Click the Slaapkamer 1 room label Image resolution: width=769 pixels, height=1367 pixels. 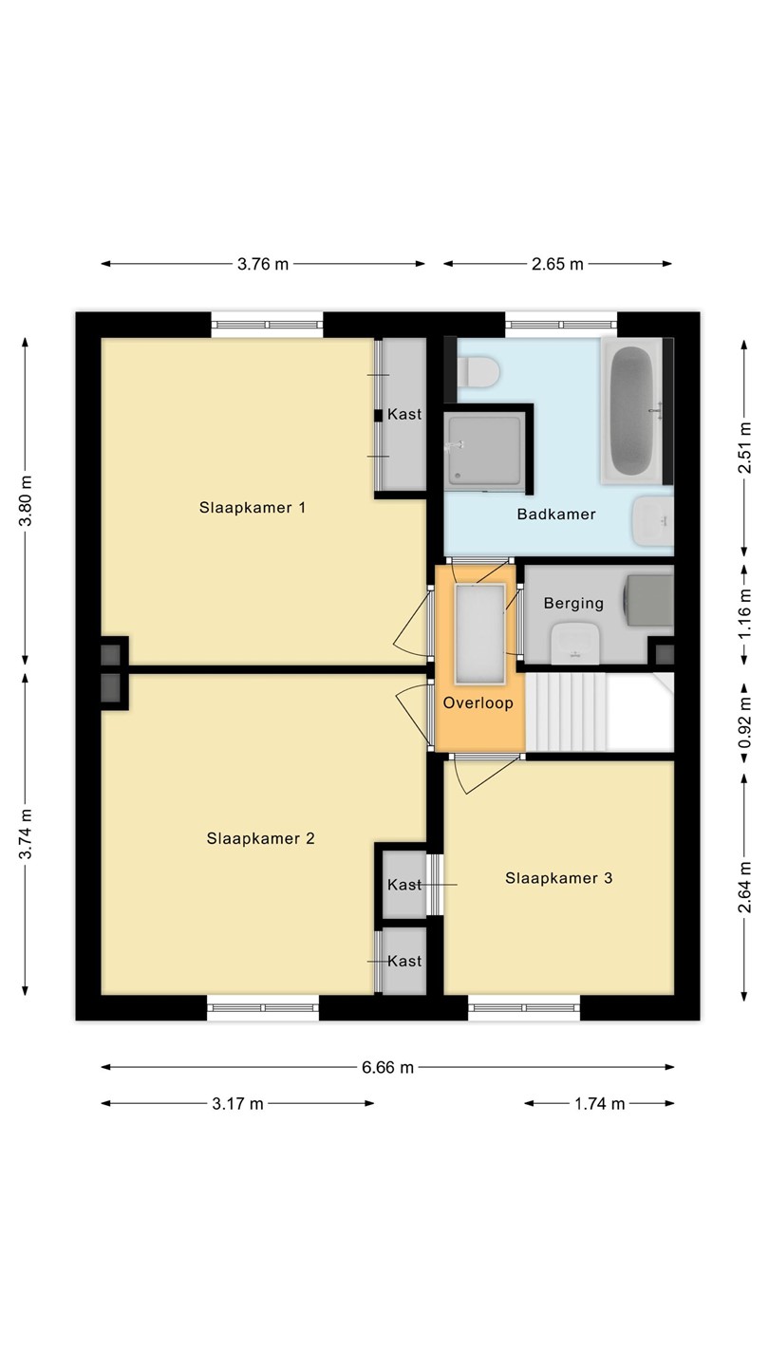click(x=253, y=508)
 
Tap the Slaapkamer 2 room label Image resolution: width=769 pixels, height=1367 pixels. click(x=260, y=838)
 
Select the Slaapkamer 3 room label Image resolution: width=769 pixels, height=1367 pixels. click(x=558, y=878)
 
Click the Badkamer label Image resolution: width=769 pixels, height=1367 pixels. click(x=556, y=514)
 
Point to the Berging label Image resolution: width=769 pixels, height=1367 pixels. click(x=573, y=604)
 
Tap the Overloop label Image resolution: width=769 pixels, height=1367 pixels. click(x=478, y=703)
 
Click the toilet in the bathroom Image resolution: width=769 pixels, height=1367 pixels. click(x=478, y=372)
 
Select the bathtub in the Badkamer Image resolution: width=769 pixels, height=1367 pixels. click(x=632, y=411)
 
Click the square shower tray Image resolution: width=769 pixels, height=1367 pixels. click(x=484, y=451)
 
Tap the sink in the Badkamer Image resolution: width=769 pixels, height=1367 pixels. click(x=653, y=520)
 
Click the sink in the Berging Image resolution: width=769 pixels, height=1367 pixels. click(x=575, y=644)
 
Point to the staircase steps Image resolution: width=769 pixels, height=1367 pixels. click(x=567, y=712)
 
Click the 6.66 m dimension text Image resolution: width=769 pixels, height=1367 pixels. click(x=387, y=1067)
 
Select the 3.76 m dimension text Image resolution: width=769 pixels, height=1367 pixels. click(x=262, y=264)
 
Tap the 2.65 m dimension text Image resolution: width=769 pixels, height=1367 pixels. click(x=557, y=264)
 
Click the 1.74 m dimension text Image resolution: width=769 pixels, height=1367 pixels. click(x=599, y=1103)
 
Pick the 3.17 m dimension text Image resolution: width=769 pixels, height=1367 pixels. click(x=237, y=1103)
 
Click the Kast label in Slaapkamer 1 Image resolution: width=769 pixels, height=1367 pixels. click(x=404, y=414)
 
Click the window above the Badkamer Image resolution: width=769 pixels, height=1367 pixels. click(x=561, y=325)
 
